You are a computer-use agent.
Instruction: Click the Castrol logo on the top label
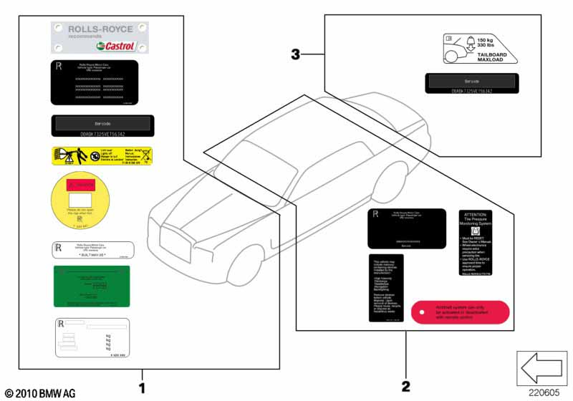pyautogui.click(x=115, y=46)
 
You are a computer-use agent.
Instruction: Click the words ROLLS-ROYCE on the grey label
pyautogui.click(x=100, y=29)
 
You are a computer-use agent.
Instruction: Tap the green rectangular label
pyautogui.click(x=91, y=286)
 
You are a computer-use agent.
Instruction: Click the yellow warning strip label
pyautogui.click(x=101, y=155)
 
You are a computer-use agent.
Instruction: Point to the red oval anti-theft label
pyautogui.click(x=460, y=313)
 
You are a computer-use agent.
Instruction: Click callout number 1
pyautogui.click(x=142, y=387)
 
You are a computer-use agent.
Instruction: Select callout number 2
pyautogui.click(x=406, y=387)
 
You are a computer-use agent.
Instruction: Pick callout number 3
pyautogui.click(x=296, y=54)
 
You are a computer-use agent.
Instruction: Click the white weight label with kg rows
pyautogui.click(x=91, y=337)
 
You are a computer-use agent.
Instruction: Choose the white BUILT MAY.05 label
pyautogui.click(x=91, y=250)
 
